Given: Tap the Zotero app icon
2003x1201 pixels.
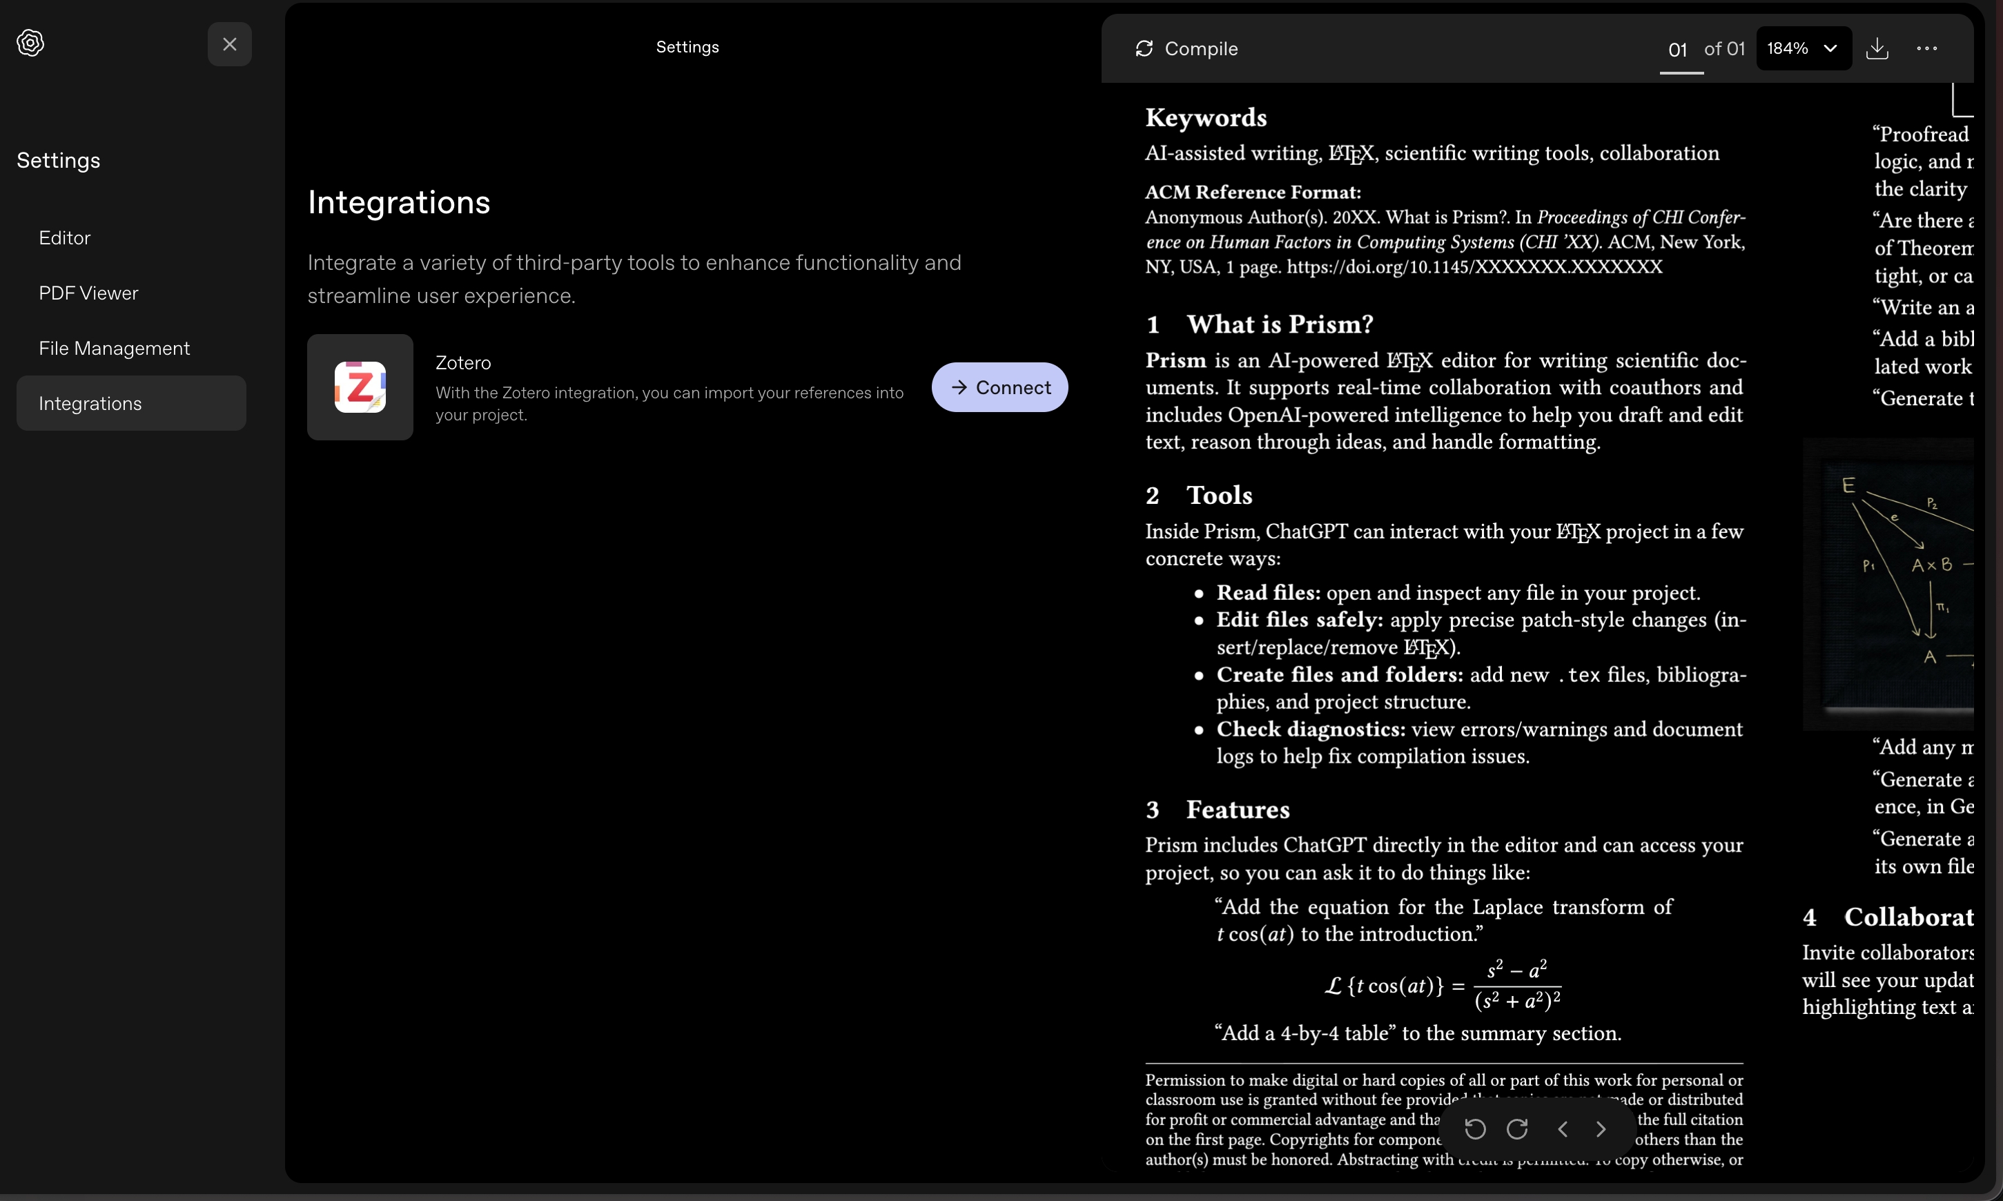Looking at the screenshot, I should [x=360, y=387].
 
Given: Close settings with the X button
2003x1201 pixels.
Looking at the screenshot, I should [x=230, y=44].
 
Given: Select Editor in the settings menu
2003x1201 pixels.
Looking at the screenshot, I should [x=65, y=238].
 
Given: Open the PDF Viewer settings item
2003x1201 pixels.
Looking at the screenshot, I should [x=88, y=293].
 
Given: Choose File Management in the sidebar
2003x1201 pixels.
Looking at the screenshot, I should [x=114, y=348].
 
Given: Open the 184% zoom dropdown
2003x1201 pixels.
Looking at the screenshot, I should [x=1802, y=48].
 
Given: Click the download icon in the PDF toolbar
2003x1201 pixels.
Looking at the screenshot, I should [x=1877, y=48].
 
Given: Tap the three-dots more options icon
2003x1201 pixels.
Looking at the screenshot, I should [x=1927, y=48].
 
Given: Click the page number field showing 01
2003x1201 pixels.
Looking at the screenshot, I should [x=1679, y=50].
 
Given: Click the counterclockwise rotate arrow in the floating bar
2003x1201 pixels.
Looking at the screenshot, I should [x=1476, y=1129].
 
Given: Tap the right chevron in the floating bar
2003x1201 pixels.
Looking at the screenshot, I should [x=1601, y=1129].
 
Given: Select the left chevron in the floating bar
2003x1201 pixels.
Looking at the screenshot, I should [x=1563, y=1129].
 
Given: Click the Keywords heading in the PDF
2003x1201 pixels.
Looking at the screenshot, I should [x=1206, y=118].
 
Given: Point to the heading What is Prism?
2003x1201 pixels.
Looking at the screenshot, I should [x=1280, y=324].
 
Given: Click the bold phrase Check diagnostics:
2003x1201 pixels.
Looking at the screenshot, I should [x=1310, y=729].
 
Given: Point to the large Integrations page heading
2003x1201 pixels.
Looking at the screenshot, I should [x=399, y=202].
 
